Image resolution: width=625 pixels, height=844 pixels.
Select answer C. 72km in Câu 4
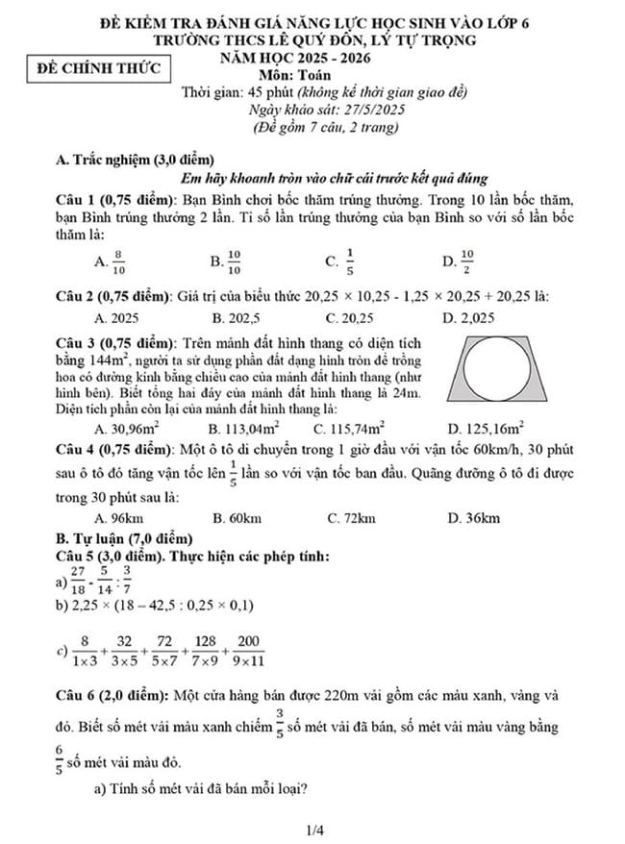[x=350, y=518]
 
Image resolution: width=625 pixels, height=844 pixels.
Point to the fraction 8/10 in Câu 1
[x=119, y=261]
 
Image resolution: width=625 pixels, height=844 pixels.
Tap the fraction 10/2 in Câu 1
[x=467, y=261]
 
